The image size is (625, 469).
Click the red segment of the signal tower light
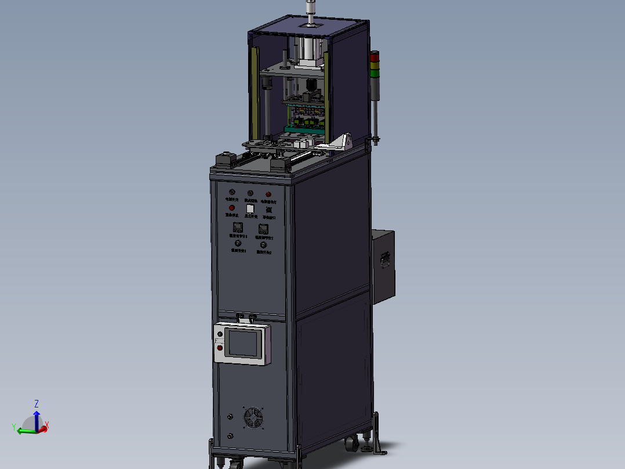pyautogui.click(x=375, y=57)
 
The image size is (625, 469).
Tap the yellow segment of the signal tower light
pyautogui.click(x=375, y=64)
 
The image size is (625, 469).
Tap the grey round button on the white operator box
pyautogui.click(x=219, y=334)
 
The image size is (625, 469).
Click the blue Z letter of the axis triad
pyautogui.click(x=37, y=403)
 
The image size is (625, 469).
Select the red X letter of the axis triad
pyautogui.click(x=47, y=425)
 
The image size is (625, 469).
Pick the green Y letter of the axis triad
pyautogui.click(x=13, y=427)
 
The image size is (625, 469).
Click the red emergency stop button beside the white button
pyautogui.click(x=231, y=208)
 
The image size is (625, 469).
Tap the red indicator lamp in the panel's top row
pyautogui.click(x=268, y=194)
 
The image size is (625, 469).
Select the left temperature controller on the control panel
pyautogui.click(x=237, y=228)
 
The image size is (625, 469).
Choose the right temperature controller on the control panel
pyautogui.click(x=263, y=229)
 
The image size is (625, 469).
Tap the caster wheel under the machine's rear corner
pyautogui.click(x=350, y=444)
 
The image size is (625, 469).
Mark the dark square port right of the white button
pyautogui.click(x=269, y=209)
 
